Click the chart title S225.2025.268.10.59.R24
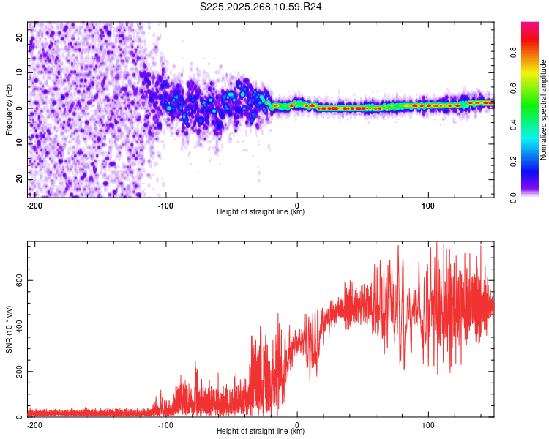[x=261, y=7]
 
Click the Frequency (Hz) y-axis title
[x=9, y=109]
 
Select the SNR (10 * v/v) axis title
[x=9, y=329]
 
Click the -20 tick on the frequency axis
[x=18, y=180]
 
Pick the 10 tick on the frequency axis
[x=20, y=73]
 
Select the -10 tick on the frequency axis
[x=18, y=144]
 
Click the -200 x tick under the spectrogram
[x=33, y=205]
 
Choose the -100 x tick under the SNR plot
[x=165, y=424]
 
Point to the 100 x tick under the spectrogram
[x=428, y=205]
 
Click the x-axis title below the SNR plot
[x=261, y=432]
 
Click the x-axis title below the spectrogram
[x=261, y=212]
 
